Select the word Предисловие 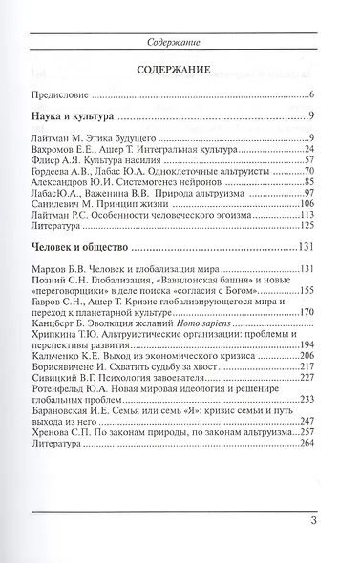coord(74,95)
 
